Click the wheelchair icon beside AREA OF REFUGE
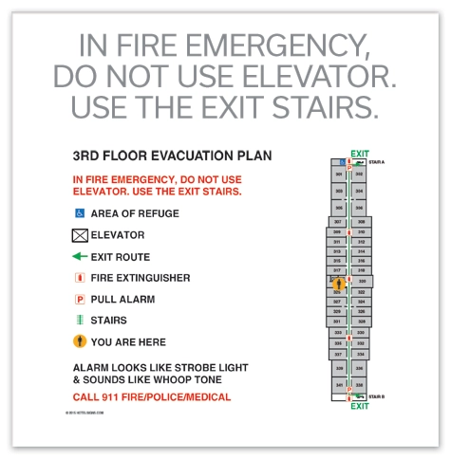(80, 213)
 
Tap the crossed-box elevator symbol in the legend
(80, 234)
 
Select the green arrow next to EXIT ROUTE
(80, 256)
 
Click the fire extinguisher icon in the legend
(80, 278)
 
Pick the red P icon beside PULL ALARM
(80, 299)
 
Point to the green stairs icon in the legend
(80, 321)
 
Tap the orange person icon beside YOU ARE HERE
(80, 341)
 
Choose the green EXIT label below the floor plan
(360, 406)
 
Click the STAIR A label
(377, 162)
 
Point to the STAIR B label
(377, 396)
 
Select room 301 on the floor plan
(339, 174)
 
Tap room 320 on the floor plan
(362, 282)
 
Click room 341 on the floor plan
(339, 385)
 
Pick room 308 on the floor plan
(361, 222)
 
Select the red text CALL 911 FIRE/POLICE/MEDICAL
(152, 396)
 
